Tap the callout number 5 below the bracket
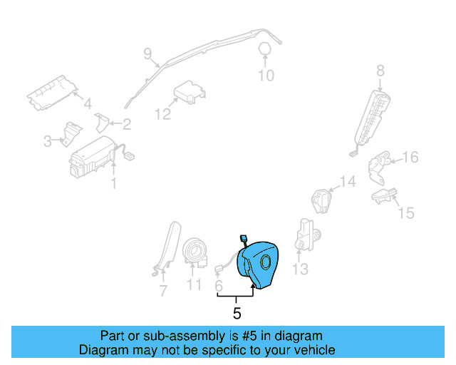(237, 312)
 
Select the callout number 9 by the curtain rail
(147, 53)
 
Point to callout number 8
(380, 70)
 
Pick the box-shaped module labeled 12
(190, 93)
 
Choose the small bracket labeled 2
(103, 123)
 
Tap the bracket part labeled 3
(71, 133)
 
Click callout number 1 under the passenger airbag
(113, 184)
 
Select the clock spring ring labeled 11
(194, 252)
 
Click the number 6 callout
(219, 285)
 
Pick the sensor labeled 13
(308, 236)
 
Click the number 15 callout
(405, 212)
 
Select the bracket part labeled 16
(378, 167)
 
